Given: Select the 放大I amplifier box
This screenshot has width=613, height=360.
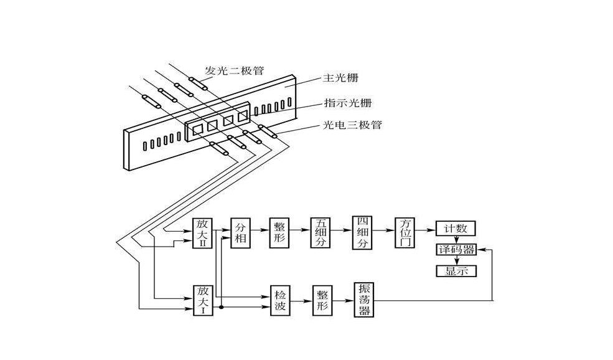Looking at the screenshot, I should click(x=202, y=299).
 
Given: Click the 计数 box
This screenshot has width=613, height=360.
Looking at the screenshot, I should click(x=456, y=229).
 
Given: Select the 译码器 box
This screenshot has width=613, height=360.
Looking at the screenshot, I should click(x=456, y=250).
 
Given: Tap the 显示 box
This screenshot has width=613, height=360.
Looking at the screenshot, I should click(x=456, y=271).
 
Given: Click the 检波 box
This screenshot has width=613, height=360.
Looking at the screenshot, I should click(x=279, y=300).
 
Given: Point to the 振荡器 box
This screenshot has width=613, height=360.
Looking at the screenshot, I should click(x=363, y=300).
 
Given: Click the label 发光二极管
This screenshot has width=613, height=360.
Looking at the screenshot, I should click(x=234, y=70).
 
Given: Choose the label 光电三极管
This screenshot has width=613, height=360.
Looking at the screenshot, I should click(x=352, y=125).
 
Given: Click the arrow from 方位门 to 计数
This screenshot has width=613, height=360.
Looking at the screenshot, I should click(x=426, y=229).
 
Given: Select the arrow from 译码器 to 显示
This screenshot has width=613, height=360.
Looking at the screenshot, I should click(x=456, y=260).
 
